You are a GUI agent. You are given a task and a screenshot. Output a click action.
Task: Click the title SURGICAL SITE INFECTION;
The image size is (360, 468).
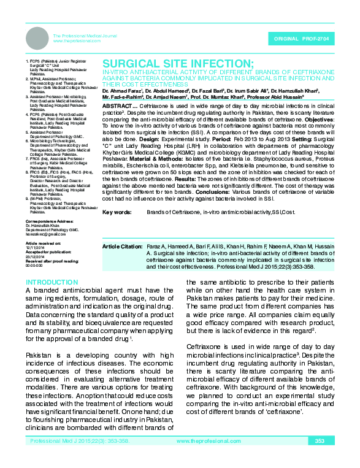[177, 64]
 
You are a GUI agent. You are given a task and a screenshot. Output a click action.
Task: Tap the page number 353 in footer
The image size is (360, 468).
[320, 458]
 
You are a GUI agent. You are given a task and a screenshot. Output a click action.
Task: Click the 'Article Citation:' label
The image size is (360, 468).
[122, 246]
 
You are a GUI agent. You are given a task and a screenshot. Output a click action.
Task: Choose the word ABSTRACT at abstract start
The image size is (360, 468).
[116, 106]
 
